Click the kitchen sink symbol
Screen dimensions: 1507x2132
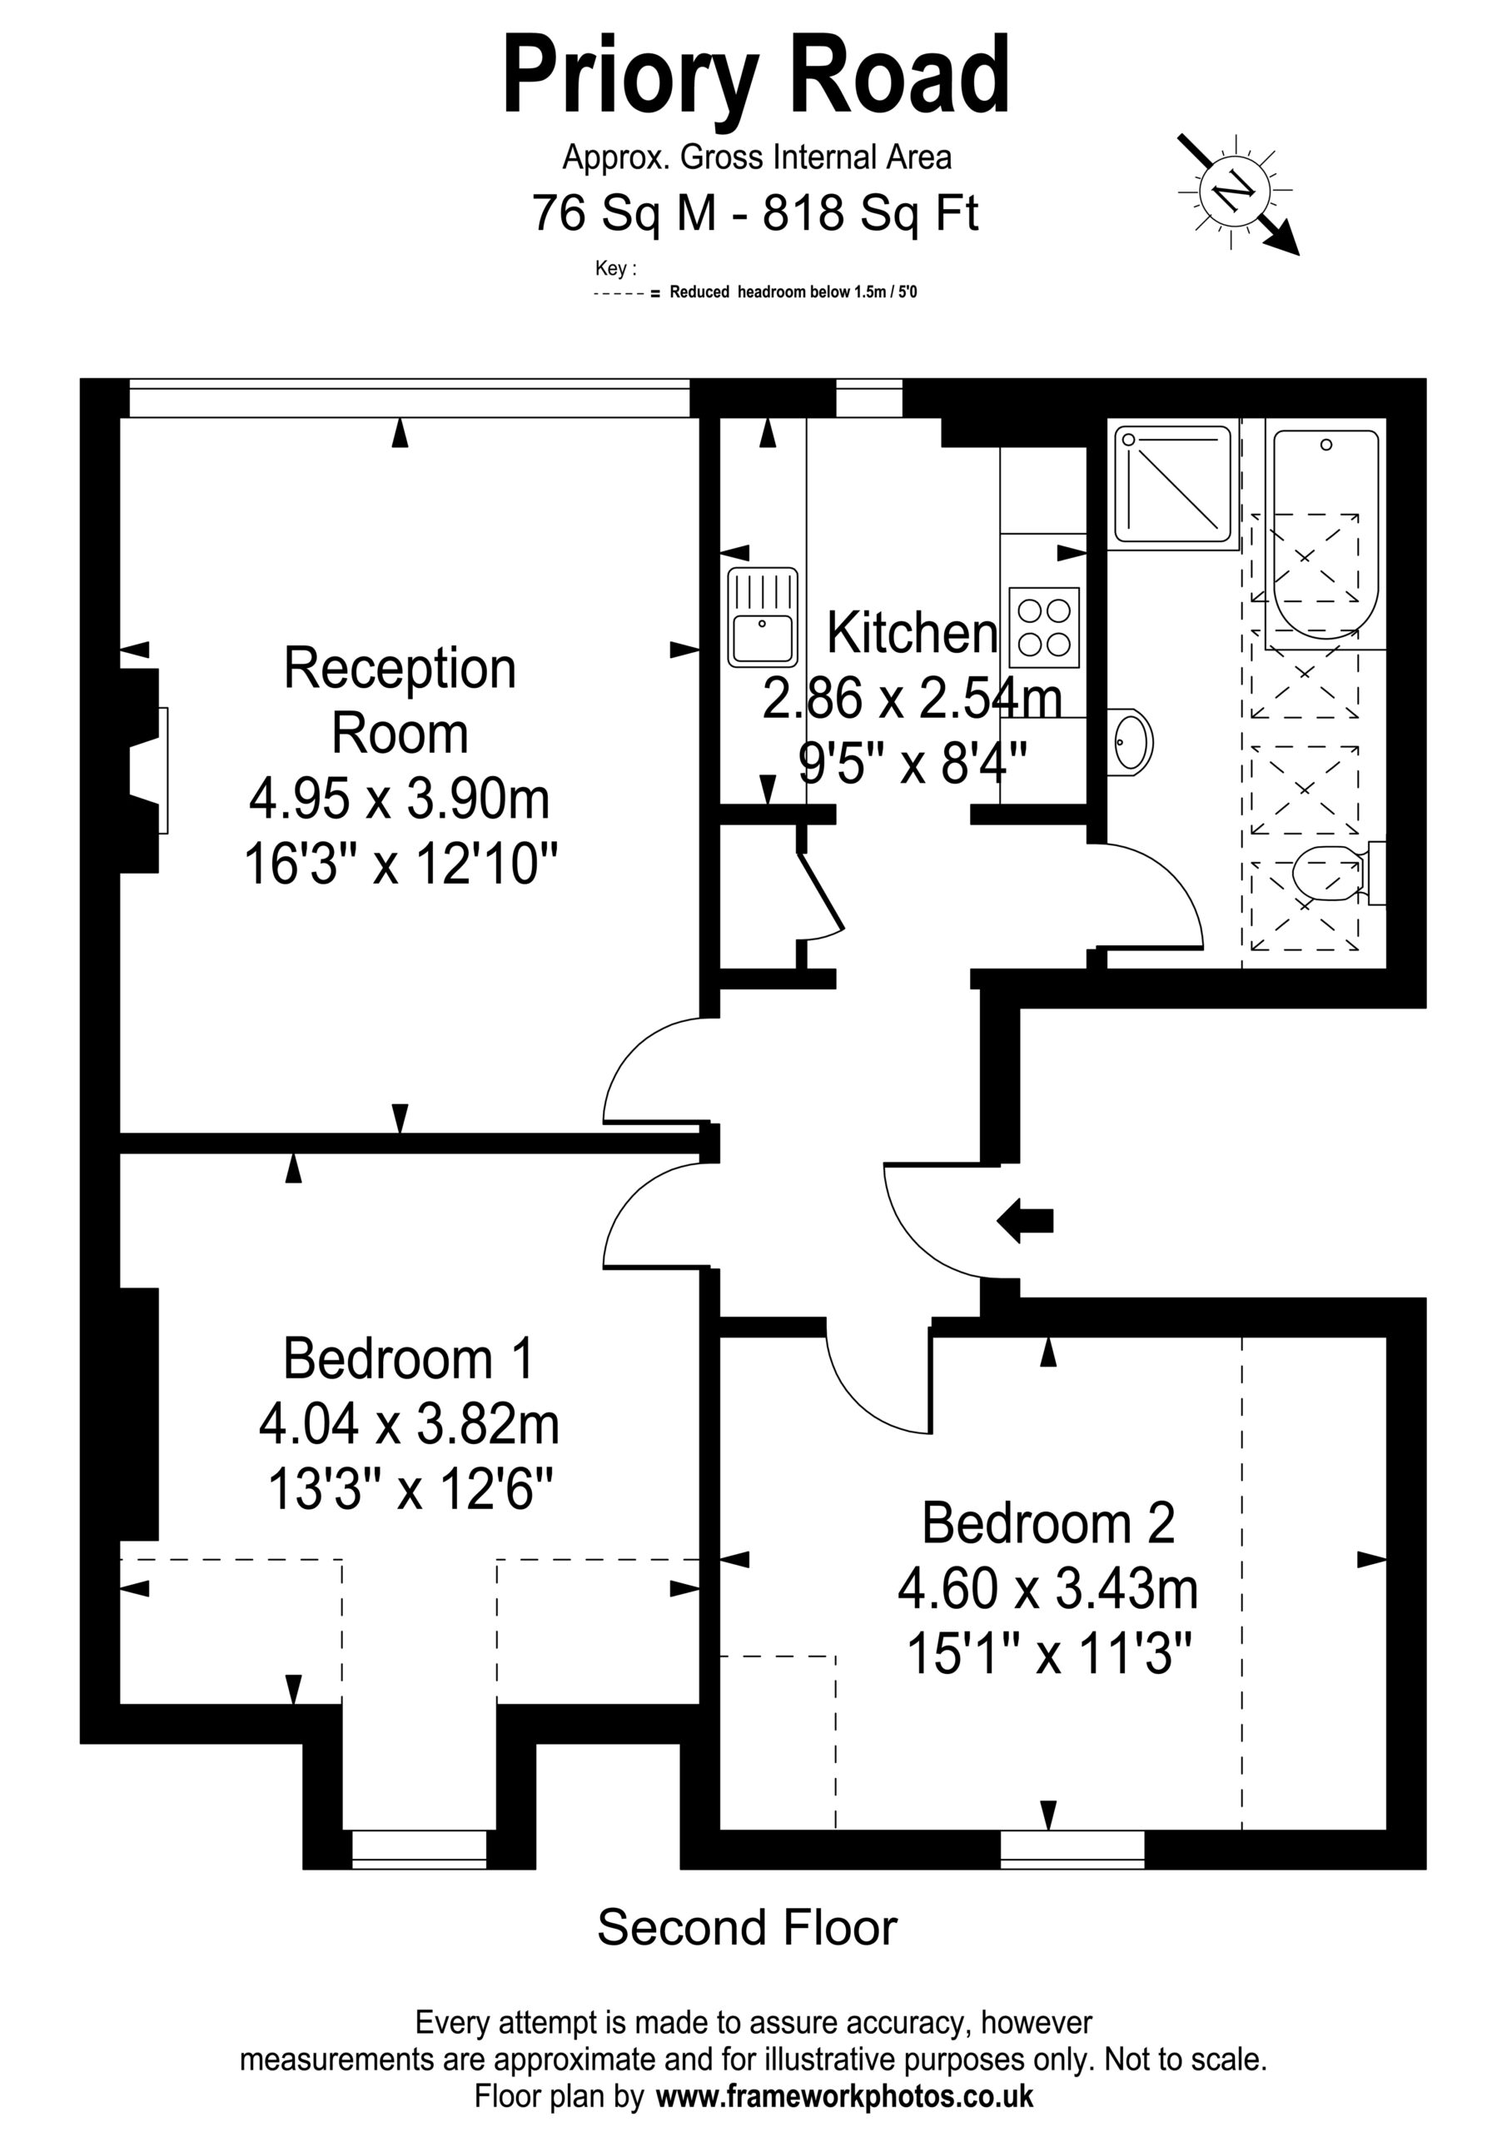763,616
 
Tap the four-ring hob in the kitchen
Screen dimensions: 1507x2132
1045,627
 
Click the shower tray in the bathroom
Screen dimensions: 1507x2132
1176,484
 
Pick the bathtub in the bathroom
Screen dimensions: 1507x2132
1326,534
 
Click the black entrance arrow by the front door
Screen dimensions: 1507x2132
1024,1220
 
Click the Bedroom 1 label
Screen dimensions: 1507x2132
409,1358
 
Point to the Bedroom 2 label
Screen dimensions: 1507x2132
1048,1523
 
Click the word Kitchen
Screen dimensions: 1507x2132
912,632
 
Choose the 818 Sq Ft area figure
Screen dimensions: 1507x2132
871,212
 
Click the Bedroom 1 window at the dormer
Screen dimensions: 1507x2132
419,1847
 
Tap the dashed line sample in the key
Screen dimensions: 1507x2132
619,293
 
